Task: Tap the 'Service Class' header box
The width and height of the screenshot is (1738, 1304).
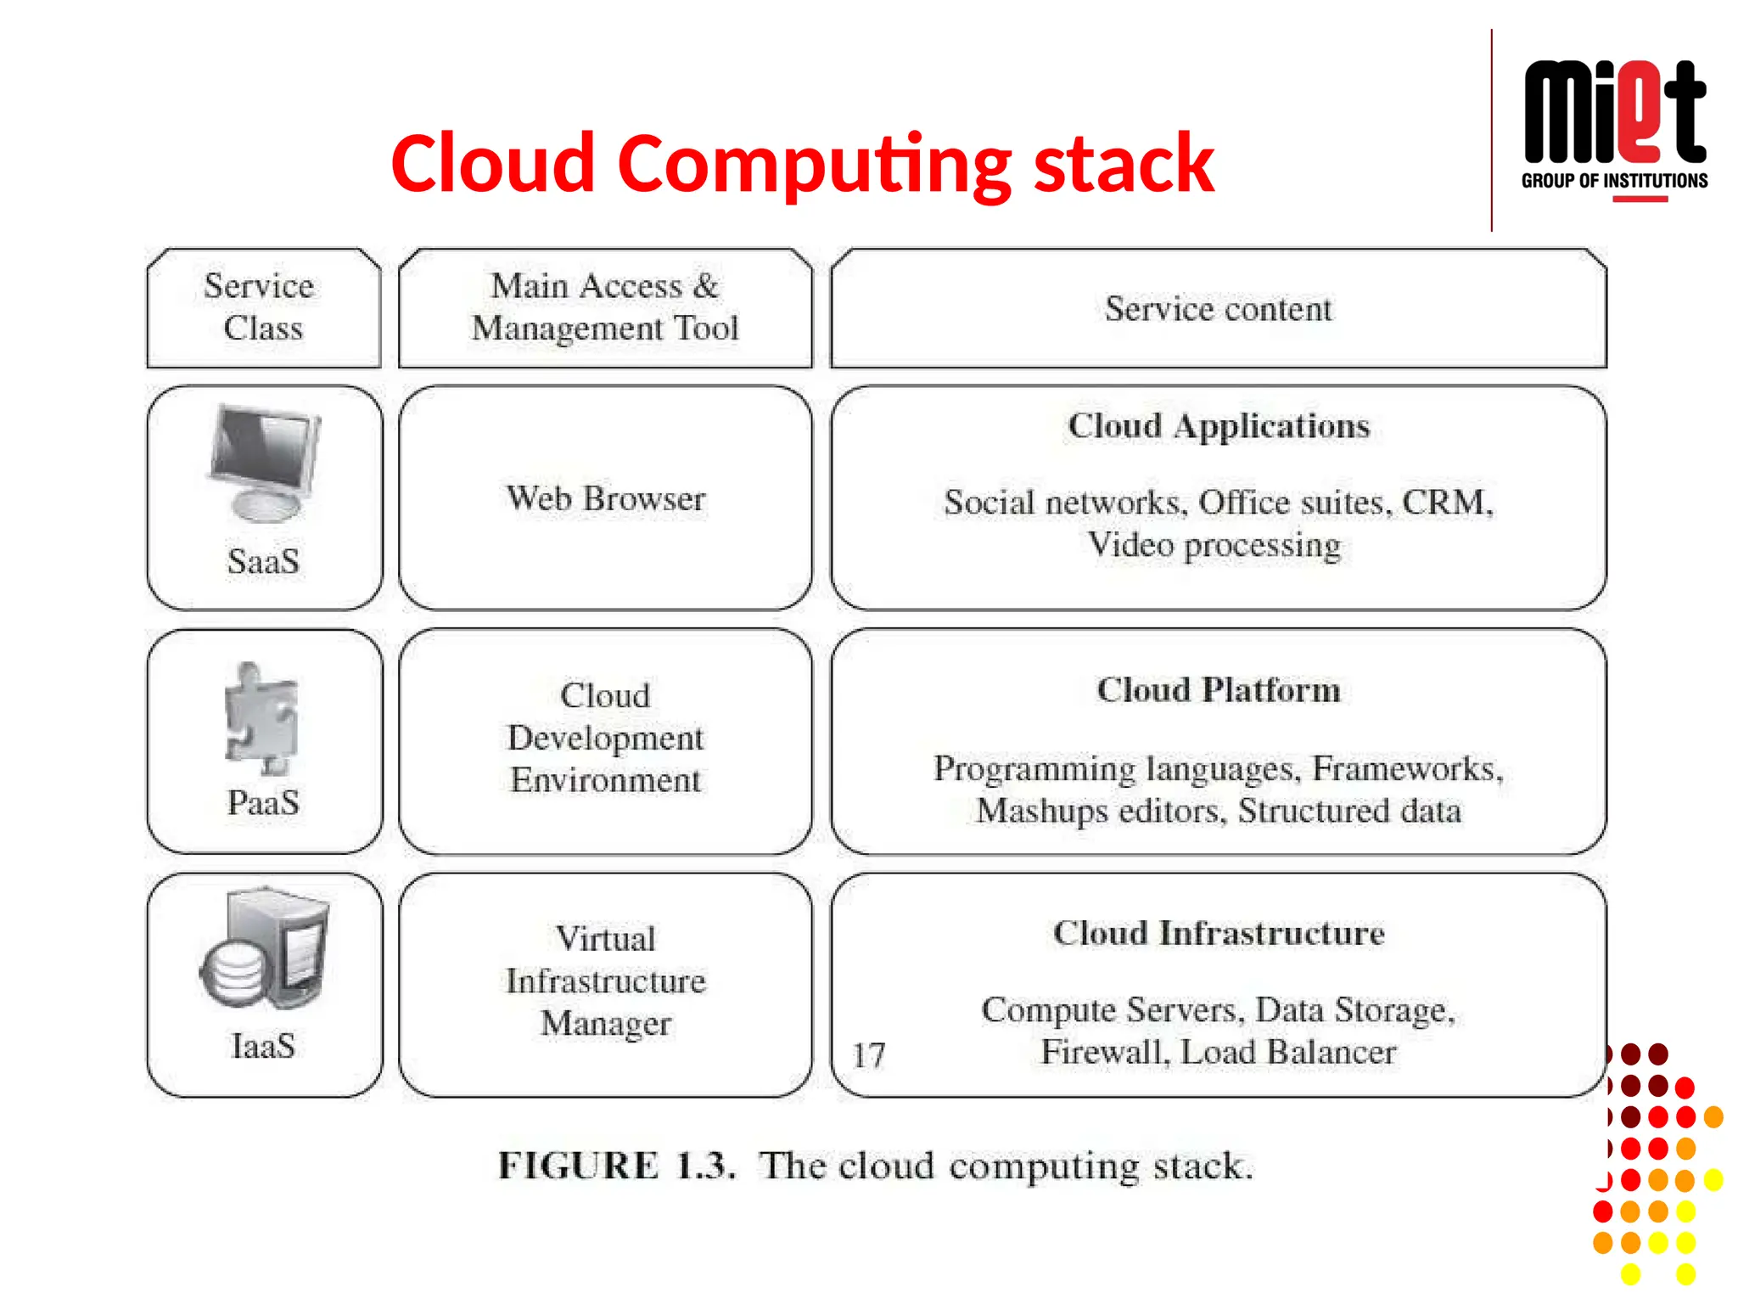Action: (x=262, y=307)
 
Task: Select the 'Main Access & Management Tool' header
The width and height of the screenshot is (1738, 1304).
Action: (x=605, y=307)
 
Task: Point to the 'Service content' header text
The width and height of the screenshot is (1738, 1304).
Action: (x=1218, y=309)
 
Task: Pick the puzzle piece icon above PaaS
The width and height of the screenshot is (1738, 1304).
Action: (x=261, y=718)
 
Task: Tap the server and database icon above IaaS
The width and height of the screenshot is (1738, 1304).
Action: (x=264, y=948)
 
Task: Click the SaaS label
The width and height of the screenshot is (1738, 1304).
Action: (x=263, y=562)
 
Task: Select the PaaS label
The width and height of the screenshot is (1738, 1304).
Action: (x=263, y=803)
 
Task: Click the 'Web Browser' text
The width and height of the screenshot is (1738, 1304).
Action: (x=605, y=499)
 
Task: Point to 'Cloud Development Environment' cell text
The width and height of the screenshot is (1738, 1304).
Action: (x=605, y=738)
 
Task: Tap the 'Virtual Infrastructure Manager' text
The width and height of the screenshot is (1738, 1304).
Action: (x=605, y=981)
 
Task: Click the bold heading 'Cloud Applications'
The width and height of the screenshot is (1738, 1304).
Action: (x=1219, y=426)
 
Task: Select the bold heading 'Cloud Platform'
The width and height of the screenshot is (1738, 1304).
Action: (x=1219, y=690)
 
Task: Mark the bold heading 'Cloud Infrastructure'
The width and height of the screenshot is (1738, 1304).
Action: (x=1219, y=934)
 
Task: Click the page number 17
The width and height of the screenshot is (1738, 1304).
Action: (x=868, y=1056)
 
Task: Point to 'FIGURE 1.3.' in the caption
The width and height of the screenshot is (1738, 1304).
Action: (x=615, y=1166)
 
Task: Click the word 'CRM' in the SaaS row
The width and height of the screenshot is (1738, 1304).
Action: (x=1444, y=503)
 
